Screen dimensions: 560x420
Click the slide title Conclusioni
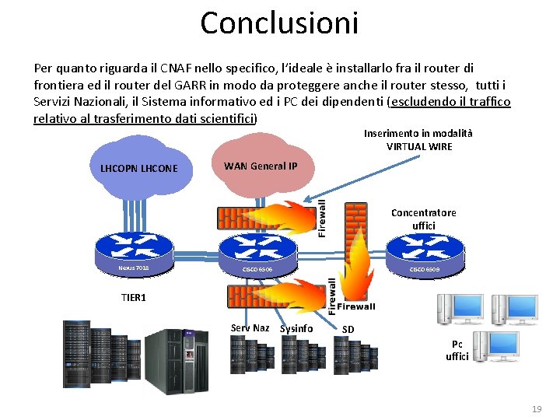[x=279, y=23]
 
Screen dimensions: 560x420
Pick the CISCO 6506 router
[x=257, y=254]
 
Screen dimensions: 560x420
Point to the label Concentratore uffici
[x=424, y=219]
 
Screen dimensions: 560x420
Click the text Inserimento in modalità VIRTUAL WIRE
[x=418, y=140]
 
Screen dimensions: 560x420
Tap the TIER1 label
[x=134, y=297]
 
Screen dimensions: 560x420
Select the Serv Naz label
[x=250, y=327]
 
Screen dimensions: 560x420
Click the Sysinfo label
[x=296, y=329]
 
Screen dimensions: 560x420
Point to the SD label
[x=348, y=329]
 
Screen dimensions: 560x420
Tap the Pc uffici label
[x=457, y=351]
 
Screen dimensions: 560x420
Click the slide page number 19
[x=535, y=408]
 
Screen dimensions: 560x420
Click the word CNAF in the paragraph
[x=165, y=68]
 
